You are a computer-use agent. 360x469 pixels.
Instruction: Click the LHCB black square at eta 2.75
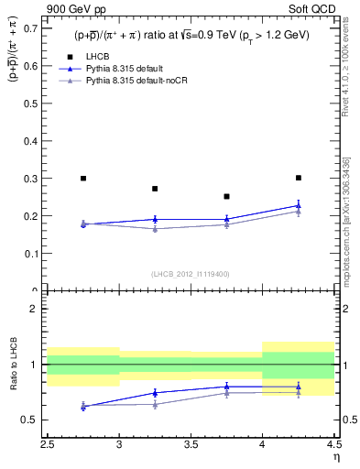point(83,179)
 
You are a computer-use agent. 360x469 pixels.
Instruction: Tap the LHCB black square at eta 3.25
point(155,189)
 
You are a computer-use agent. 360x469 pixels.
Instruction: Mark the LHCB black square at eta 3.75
point(226,196)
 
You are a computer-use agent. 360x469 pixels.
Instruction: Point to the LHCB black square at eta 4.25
point(298,178)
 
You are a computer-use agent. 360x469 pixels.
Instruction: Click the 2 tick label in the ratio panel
point(37,309)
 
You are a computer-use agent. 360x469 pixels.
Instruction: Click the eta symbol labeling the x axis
point(336,458)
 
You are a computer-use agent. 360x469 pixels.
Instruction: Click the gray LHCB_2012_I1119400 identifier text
point(191,274)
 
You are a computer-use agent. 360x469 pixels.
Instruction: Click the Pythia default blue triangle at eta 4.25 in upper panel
point(298,205)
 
